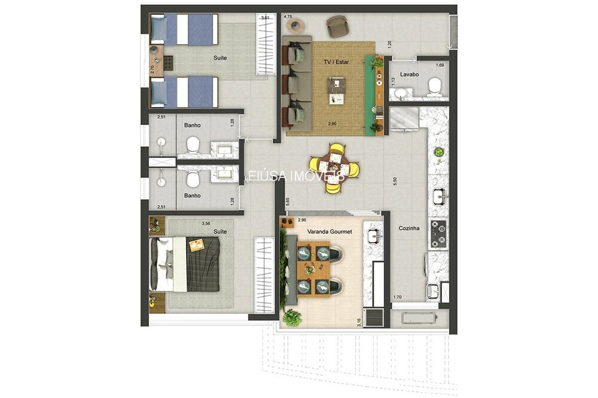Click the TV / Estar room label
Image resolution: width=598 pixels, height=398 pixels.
336,62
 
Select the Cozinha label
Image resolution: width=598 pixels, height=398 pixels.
409,228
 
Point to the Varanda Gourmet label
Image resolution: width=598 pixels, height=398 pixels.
329,231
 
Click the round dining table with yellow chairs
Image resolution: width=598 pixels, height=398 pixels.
335,168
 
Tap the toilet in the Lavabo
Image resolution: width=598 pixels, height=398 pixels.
435,87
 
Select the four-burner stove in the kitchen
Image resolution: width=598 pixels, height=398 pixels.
438,234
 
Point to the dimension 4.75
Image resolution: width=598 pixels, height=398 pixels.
288,17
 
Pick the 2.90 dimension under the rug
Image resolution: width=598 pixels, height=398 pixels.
332,123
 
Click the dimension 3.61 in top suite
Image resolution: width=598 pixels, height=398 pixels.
265,19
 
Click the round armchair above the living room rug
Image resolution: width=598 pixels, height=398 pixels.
336,26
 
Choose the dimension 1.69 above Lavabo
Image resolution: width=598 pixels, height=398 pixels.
440,65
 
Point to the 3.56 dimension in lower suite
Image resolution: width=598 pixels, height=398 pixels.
206,224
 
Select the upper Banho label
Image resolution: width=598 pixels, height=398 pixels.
193,125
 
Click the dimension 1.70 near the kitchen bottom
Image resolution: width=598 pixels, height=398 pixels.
397,297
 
